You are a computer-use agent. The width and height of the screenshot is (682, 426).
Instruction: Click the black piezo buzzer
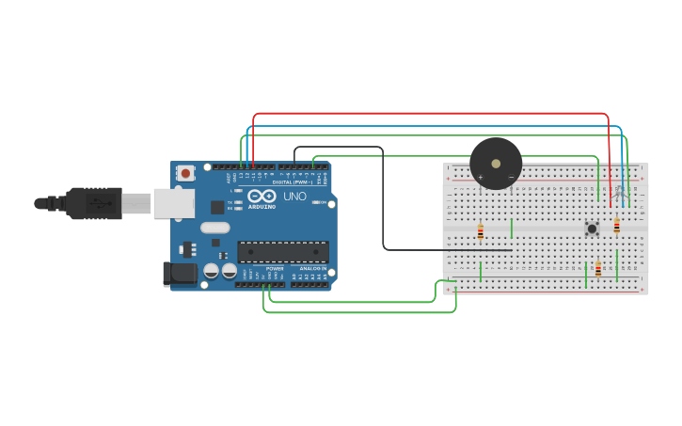coord(496,163)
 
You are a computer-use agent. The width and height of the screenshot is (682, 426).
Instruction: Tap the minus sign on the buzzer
coord(511,177)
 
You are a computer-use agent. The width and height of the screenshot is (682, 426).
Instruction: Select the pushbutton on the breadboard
coord(592,229)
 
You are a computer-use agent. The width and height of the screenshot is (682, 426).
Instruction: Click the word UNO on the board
coord(294,197)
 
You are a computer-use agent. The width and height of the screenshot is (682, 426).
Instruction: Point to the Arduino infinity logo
coord(262,196)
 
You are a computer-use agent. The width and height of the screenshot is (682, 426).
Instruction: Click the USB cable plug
coord(94,202)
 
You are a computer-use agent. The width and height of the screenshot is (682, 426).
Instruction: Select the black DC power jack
coord(180,274)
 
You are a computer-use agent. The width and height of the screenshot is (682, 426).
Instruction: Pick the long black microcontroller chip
coord(282,251)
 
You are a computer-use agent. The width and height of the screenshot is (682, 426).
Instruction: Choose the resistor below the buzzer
coord(480,231)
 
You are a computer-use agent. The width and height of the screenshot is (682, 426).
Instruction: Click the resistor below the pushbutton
coord(598,269)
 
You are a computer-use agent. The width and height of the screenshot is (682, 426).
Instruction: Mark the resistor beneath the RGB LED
coord(617,226)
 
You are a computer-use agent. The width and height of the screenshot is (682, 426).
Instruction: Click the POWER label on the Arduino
coord(275,268)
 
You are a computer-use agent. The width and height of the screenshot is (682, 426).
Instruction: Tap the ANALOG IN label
coord(313,268)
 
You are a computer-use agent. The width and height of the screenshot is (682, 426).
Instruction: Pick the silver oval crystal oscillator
coord(214,227)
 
